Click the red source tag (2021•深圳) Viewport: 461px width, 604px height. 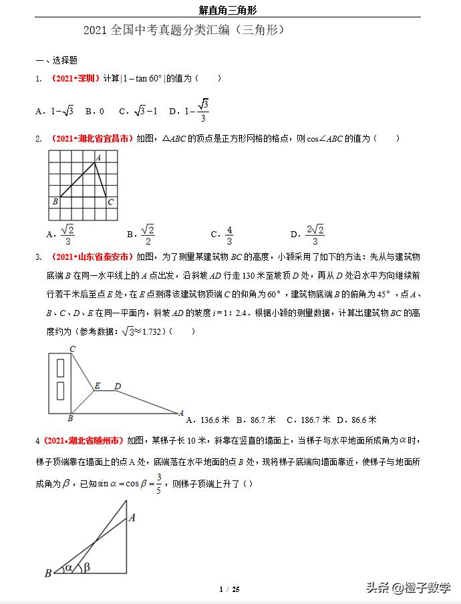pos(75,79)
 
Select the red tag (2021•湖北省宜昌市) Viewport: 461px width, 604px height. pos(92,139)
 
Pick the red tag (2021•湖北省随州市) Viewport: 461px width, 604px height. pos(83,441)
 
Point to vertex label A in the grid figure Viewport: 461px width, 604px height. pos(98,158)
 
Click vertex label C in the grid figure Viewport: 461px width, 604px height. pos(110,201)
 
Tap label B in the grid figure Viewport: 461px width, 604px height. pos(55,201)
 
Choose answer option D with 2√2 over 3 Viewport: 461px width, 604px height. pos(308,234)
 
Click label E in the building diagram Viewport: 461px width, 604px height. pos(97,386)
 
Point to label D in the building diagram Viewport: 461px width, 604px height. pos(118,386)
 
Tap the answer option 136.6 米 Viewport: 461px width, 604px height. pos(207,420)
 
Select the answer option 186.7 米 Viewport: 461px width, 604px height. pos(309,420)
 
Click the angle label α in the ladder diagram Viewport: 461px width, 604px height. pos(68,569)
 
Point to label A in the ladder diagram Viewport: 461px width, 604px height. pos(132,517)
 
